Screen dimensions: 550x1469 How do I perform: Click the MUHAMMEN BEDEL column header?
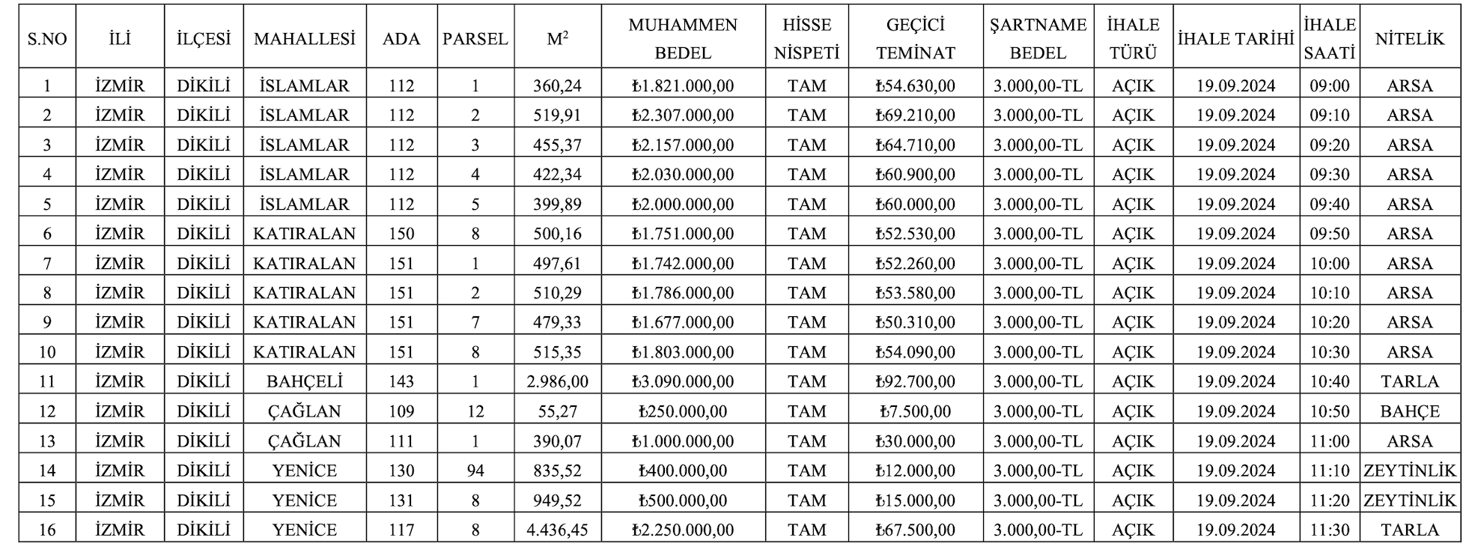click(682, 38)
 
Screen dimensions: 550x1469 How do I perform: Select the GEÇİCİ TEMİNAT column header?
click(915, 38)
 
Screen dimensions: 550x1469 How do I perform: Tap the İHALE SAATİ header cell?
click(1329, 38)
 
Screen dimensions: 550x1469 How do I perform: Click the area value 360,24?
click(557, 86)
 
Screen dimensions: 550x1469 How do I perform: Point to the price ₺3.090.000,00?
click(682, 381)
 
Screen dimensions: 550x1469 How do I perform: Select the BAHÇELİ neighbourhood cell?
click(304, 381)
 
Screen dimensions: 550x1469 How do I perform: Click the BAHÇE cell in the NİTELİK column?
click(1409, 411)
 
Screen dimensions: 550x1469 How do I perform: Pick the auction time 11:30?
click(1329, 530)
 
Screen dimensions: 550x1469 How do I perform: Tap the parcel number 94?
click(475, 471)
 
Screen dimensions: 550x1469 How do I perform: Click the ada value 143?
click(401, 381)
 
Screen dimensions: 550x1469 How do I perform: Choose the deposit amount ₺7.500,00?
click(915, 411)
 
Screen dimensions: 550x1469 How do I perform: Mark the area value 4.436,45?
click(557, 530)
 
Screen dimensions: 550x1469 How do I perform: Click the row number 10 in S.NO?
click(46, 352)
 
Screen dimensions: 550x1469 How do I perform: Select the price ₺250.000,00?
click(682, 411)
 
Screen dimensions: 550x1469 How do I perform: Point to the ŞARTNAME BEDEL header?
click(1038, 38)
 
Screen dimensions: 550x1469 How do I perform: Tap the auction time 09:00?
click(1329, 86)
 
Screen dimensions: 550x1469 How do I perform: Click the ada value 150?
click(401, 234)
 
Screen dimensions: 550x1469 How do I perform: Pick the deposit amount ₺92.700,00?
click(915, 381)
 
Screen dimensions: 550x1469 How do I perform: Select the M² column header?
click(557, 38)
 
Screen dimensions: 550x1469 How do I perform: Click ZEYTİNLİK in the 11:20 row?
click(1409, 500)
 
